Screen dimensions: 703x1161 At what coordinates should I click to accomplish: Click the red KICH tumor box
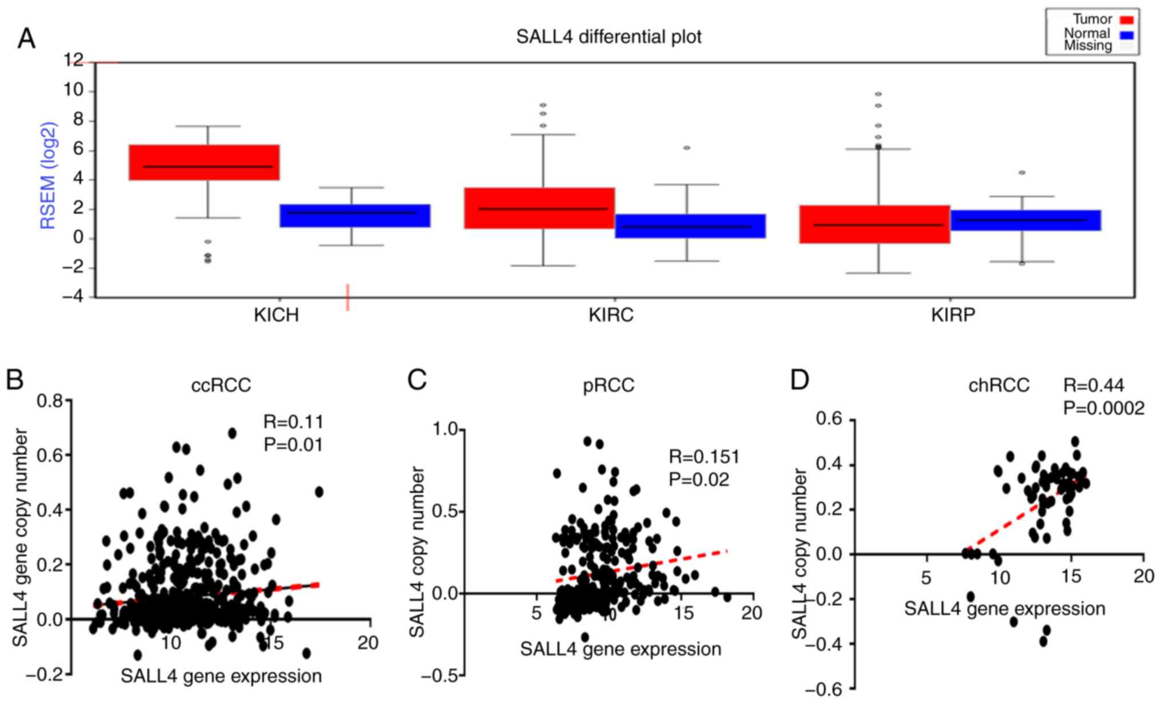coord(204,162)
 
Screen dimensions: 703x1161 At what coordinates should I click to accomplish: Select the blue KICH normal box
coord(355,215)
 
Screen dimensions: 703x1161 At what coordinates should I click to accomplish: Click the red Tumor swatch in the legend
coord(1127,21)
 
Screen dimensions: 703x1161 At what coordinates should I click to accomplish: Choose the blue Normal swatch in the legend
coord(1127,35)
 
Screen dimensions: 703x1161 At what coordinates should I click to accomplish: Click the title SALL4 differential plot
coord(608,37)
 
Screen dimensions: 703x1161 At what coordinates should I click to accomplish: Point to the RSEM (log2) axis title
coord(49,175)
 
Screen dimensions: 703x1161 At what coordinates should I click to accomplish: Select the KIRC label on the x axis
coord(611,315)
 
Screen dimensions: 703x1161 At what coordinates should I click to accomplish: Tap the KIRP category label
coord(952,315)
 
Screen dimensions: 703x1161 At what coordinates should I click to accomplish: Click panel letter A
coord(26,39)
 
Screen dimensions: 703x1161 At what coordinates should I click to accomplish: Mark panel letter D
coord(800,380)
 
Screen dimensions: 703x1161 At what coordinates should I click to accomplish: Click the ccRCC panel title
coord(221,385)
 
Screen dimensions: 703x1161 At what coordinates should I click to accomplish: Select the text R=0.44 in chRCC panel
coord(1093,386)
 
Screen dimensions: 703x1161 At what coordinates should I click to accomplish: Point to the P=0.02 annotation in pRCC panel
coord(699,480)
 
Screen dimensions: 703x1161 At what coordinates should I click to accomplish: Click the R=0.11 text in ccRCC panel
coord(293,422)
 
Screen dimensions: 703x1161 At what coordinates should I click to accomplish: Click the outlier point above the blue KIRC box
coord(687,148)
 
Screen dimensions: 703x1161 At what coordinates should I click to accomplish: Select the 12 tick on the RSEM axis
coord(74,61)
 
